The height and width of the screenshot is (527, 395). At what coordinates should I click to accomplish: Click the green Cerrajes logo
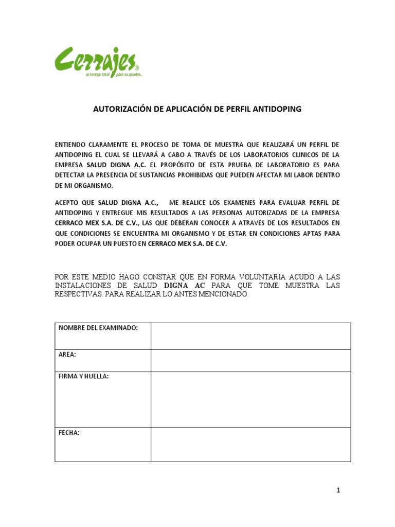(x=97, y=61)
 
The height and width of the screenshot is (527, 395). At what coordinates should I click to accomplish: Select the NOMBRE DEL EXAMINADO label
(x=98, y=328)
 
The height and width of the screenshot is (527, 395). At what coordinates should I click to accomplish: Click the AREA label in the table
(x=67, y=355)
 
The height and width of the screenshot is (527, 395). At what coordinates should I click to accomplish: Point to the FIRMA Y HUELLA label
(x=83, y=376)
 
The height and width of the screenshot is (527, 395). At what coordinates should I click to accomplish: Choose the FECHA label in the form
(x=69, y=433)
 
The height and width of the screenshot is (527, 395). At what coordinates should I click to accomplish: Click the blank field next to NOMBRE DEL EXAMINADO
(x=250, y=336)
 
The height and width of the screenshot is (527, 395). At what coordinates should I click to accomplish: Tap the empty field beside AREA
(x=250, y=360)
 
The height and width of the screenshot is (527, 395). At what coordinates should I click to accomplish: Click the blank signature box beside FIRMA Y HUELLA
(x=250, y=400)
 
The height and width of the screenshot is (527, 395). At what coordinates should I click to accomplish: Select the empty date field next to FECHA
(x=250, y=445)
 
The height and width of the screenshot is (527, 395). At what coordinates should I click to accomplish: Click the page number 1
(x=338, y=490)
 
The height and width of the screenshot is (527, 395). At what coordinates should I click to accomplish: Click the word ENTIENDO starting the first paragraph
(x=72, y=145)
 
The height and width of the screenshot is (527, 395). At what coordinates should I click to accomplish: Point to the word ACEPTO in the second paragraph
(x=67, y=203)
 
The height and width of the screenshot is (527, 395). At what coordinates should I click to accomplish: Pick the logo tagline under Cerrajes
(x=114, y=75)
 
